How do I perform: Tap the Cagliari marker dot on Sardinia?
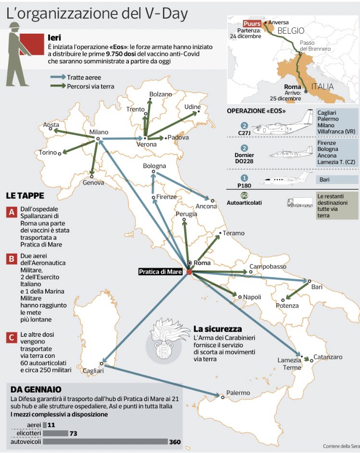pos(101,364)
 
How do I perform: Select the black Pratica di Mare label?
pos(160,272)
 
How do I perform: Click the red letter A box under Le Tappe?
pos(11,212)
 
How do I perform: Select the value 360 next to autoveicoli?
pos(174,441)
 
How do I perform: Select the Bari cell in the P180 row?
pos(337,180)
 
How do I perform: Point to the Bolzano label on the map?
pos(160,94)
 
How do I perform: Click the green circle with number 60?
pos(244,196)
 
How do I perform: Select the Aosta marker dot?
pos(53,130)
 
